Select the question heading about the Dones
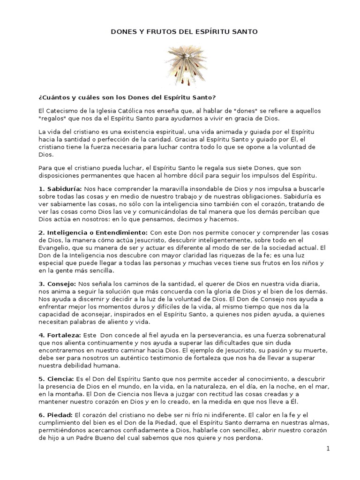point(127,97)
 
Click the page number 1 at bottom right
point(329,449)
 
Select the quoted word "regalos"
point(53,117)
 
